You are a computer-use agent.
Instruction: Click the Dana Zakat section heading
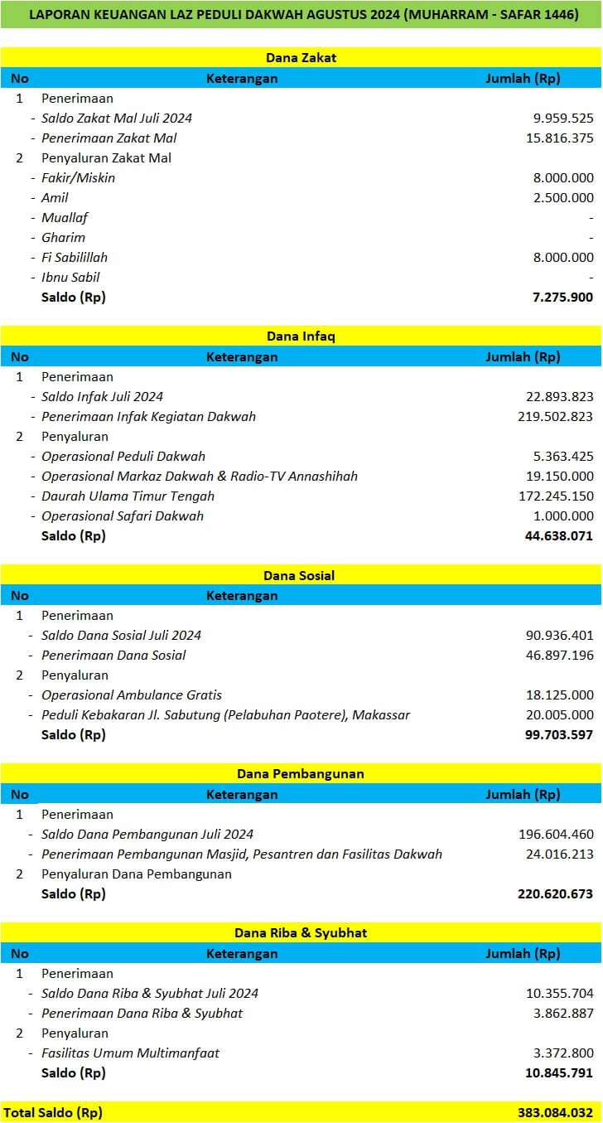pyautogui.click(x=301, y=58)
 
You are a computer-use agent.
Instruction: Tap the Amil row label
pyautogui.click(x=55, y=198)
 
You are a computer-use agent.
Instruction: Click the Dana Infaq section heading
pyautogui.click(x=301, y=336)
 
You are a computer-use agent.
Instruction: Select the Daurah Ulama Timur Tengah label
pyautogui.click(x=128, y=496)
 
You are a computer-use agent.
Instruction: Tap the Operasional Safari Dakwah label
pyautogui.click(x=123, y=516)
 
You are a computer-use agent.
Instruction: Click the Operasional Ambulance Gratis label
pyautogui.click(x=132, y=695)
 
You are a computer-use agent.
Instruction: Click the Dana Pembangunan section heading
pyautogui.click(x=301, y=774)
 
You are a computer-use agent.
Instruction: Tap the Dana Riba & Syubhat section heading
pyautogui.click(x=301, y=933)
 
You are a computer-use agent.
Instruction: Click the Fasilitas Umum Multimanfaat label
pyautogui.click(x=130, y=1053)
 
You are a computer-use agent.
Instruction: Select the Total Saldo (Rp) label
pyautogui.click(x=53, y=1112)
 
